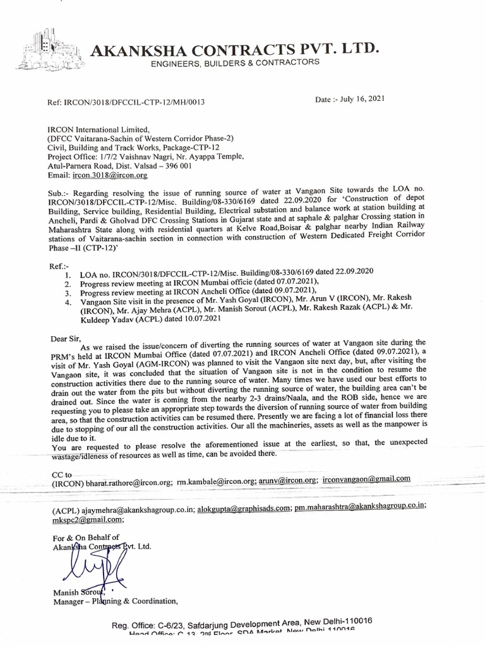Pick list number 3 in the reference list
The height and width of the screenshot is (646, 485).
tap(69, 293)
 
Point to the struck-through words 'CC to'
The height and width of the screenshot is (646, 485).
tap(63, 473)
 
